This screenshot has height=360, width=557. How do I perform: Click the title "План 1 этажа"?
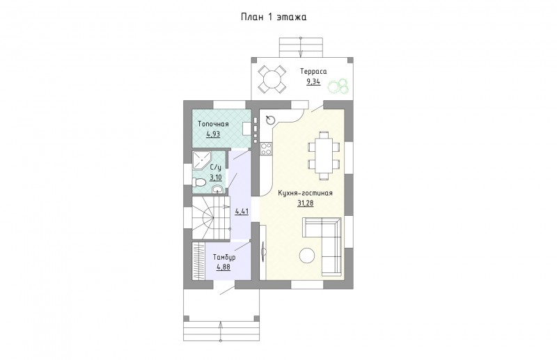coord(274,17)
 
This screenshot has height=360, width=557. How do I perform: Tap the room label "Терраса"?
coord(313,72)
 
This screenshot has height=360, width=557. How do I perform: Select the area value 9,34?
coord(314,82)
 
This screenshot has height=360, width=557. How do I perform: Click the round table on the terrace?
coord(272,79)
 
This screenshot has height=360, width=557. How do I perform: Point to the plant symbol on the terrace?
coord(338,86)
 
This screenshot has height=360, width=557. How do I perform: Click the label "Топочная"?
coord(213,124)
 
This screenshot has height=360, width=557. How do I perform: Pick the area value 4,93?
coord(213,134)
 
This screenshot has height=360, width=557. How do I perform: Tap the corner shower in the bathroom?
coord(201,161)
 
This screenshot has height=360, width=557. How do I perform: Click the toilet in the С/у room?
coord(199,182)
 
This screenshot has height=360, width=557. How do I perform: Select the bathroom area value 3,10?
coord(216,177)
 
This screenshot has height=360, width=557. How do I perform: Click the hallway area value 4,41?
coord(242,211)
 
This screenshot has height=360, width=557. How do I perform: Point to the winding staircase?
coord(210,218)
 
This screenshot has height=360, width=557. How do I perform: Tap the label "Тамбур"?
coord(224,257)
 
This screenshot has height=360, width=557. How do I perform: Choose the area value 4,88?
coord(223,267)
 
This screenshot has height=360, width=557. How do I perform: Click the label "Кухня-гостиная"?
coord(306,193)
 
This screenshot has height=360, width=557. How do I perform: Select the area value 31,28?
coord(306,203)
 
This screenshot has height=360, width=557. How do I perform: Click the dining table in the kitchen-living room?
coord(324,155)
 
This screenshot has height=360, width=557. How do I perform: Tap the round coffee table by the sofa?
coord(306,255)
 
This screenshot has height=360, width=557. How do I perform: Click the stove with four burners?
coord(266,148)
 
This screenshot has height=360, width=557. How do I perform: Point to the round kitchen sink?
coord(271,120)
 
